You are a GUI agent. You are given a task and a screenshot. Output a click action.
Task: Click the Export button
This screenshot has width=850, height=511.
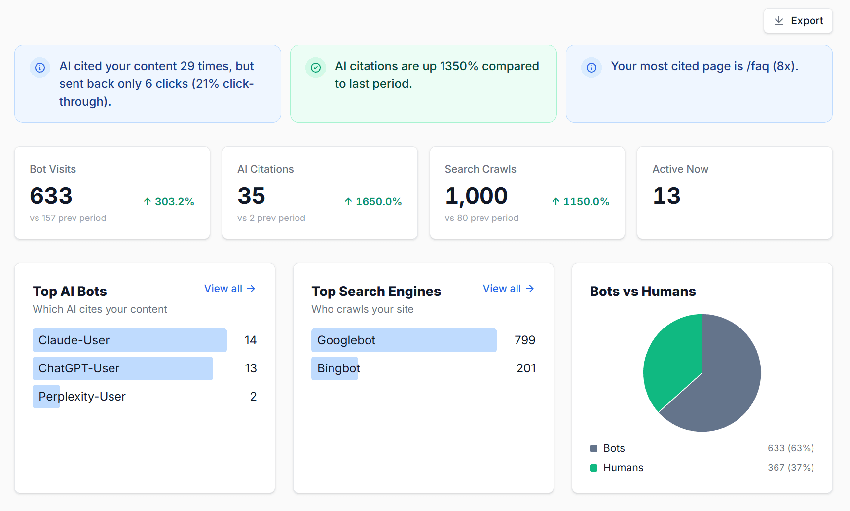click(x=798, y=21)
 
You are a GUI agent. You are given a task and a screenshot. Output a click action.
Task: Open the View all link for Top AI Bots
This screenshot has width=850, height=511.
click(x=229, y=289)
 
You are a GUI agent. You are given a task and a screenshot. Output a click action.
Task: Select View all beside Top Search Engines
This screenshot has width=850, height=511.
click(x=508, y=289)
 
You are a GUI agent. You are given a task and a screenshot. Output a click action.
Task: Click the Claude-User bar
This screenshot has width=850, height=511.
click(x=129, y=340)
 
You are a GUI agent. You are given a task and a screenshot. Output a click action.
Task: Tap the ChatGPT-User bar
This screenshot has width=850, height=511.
click(x=122, y=368)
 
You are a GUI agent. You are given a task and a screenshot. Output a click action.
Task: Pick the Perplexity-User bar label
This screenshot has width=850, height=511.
click(x=82, y=397)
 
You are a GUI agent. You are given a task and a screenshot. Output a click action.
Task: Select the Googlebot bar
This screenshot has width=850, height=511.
click(x=404, y=340)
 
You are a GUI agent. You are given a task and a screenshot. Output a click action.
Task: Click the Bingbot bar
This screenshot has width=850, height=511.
click(x=334, y=368)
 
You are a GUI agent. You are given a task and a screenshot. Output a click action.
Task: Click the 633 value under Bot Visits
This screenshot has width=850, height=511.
click(x=51, y=196)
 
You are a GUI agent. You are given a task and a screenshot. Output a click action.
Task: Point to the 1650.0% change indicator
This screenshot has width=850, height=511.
click(x=373, y=202)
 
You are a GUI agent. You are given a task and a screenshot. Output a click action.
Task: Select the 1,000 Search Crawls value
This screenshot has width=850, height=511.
click(x=476, y=196)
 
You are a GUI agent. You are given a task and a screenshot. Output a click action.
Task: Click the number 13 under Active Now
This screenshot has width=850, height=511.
click(x=666, y=196)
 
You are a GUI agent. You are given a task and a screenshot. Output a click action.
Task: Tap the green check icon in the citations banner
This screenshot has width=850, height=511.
click(x=316, y=68)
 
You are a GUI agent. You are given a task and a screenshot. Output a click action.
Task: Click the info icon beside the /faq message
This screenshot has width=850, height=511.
click(x=591, y=68)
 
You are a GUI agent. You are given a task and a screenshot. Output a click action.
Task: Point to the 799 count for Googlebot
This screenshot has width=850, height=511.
click(x=524, y=340)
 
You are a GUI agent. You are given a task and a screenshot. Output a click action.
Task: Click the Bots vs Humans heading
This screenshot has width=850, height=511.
click(x=642, y=292)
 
